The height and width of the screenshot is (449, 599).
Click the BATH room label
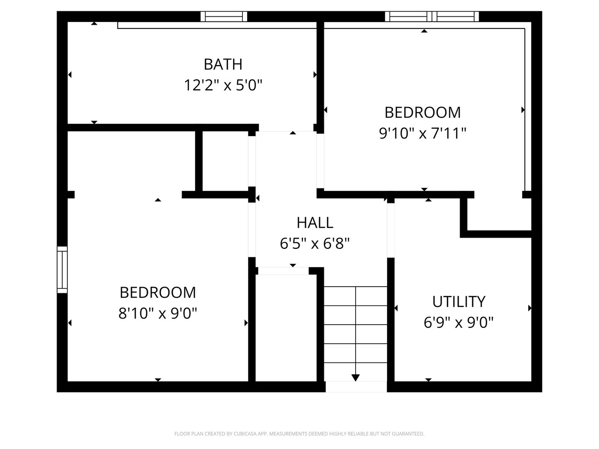223,65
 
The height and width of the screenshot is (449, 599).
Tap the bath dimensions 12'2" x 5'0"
223,85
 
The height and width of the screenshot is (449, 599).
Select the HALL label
315,223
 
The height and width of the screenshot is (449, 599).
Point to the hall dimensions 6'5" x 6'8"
314,244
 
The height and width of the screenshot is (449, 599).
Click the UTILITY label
459,302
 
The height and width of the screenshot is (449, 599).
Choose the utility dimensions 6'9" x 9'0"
459,323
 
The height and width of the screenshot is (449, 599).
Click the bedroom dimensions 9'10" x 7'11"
423,134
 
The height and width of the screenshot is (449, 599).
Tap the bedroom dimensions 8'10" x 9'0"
158,313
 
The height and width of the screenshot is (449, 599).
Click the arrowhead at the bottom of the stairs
355,377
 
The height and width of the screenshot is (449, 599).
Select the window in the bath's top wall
224,16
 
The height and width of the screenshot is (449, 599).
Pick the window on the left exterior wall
62,269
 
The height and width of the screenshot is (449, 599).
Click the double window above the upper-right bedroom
432,16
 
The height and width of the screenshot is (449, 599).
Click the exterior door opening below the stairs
356,387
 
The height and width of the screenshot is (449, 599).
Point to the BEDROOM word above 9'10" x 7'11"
423,113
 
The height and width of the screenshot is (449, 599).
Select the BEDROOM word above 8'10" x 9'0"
158,292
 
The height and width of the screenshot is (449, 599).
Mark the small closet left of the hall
225,161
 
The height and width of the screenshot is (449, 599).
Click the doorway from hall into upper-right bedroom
321,161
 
